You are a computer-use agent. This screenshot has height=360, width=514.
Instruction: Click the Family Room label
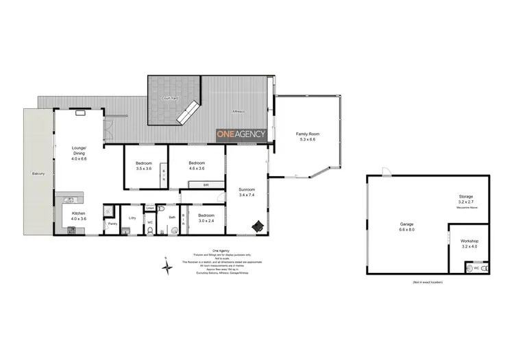[308, 134]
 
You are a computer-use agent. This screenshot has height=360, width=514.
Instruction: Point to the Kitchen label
[79, 213]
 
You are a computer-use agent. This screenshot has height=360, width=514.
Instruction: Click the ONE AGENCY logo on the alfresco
[241, 135]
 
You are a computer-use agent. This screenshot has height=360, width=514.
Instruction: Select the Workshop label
[469, 241]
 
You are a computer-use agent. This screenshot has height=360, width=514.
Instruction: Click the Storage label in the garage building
[466, 197]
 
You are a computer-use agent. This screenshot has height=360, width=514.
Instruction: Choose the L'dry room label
[132, 218]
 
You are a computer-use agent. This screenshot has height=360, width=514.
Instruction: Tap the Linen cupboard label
[150, 208]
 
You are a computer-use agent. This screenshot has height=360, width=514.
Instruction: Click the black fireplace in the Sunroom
[258, 225]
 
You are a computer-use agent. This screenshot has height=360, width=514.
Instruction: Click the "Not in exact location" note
[428, 282]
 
